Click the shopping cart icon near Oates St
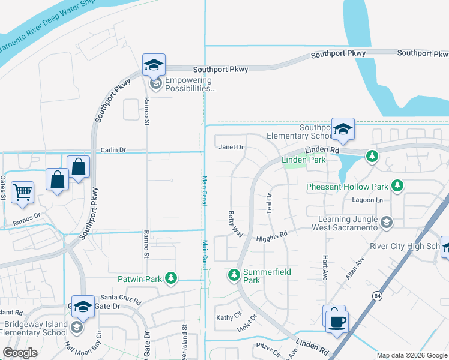pos(22,193)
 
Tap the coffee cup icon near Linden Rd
pos(337,321)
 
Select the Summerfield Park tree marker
pos(234,275)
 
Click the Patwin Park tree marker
pos(172,278)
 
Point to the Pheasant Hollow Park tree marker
pos(396,186)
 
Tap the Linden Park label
pos(304,160)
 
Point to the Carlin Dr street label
pos(113,150)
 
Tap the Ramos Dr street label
pos(28,217)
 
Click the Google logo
pos(20,353)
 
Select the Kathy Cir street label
pos(228,316)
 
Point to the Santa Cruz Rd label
pos(120,298)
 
